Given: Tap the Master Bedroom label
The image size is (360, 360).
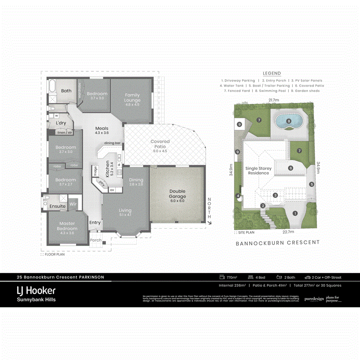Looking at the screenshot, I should [x=67, y=226].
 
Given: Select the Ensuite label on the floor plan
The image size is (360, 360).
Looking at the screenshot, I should [x=58, y=206].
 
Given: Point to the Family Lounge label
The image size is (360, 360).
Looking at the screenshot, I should [x=132, y=98].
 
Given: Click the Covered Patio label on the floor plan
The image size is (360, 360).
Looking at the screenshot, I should [x=160, y=144].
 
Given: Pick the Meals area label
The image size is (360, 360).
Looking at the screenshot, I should [x=102, y=130].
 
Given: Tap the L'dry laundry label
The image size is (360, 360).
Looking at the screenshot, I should [x=61, y=123].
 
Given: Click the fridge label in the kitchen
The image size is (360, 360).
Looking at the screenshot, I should [x=95, y=171].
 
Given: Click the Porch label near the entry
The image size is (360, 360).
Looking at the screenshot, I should [x=95, y=240].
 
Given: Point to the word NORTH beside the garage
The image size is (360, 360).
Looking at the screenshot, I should [x=209, y=208].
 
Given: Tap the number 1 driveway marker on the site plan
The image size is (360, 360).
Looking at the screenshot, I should [x=295, y=214].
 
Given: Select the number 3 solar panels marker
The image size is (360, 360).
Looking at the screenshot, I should [x=275, y=195].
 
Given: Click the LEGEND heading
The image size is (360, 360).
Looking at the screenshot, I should [x=272, y=74].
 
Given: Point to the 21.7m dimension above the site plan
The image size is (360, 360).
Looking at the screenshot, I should [x=274, y=100].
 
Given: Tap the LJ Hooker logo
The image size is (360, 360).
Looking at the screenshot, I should [x=36, y=290].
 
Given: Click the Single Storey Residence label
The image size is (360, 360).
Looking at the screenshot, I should [x=258, y=171].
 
